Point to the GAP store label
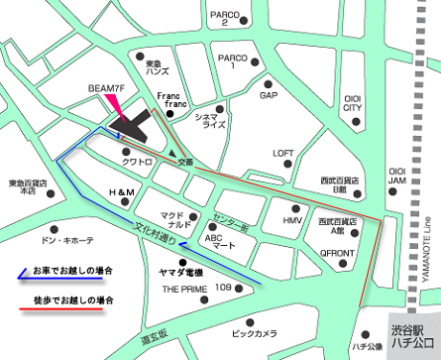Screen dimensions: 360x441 (268, 96)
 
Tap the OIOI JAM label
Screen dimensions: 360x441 (396, 176)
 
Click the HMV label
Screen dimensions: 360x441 (291, 219)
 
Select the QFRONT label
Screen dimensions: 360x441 (337, 253)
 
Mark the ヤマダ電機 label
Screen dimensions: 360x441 (180, 271)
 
